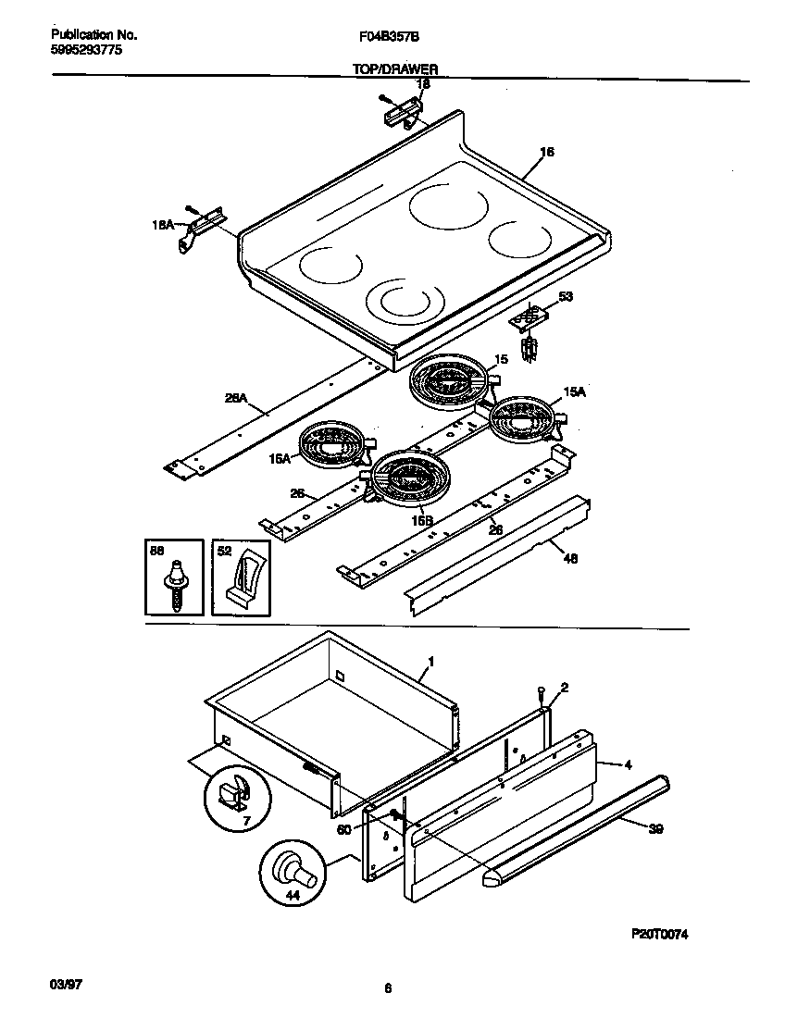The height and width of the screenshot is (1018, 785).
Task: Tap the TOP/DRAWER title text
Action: (x=394, y=68)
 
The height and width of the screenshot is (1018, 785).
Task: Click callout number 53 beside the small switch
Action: (x=566, y=297)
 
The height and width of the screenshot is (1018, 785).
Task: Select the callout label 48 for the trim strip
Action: (x=571, y=558)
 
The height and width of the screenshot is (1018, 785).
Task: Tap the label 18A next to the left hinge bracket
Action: (x=163, y=225)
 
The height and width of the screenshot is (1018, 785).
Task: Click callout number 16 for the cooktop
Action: (x=546, y=152)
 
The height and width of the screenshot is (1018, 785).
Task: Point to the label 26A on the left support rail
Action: (x=235, y=399)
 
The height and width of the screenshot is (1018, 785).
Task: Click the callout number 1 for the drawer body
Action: (x=430, y=663)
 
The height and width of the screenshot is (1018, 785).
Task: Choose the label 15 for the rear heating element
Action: (x=501, y=358)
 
